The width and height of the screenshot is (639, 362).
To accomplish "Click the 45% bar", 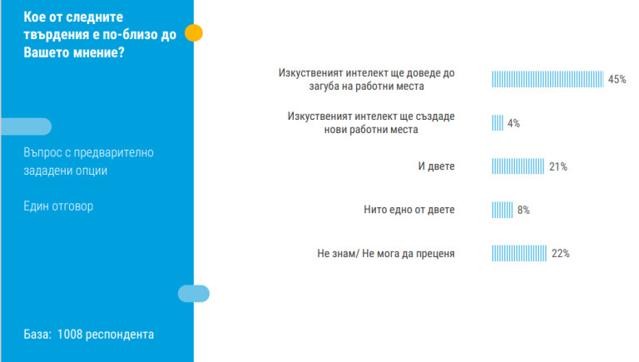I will click(x=547, y=79).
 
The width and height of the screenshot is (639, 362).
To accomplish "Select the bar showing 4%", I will click(x=498, y=123).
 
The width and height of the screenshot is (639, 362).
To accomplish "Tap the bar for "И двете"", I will click(x=518, y=166).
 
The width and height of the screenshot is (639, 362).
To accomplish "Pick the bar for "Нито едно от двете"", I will click(x=503, y=210).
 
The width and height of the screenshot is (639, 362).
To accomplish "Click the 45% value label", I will click(x=617, y=80).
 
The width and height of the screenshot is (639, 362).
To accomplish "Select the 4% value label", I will click(x=513, y=123).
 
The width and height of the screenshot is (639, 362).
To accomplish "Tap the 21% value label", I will click(x=558, y=167).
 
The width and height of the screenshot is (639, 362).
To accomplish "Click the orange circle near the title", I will click(x=193, y=33).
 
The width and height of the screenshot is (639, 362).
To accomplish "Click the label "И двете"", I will click(x=436, y=166).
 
